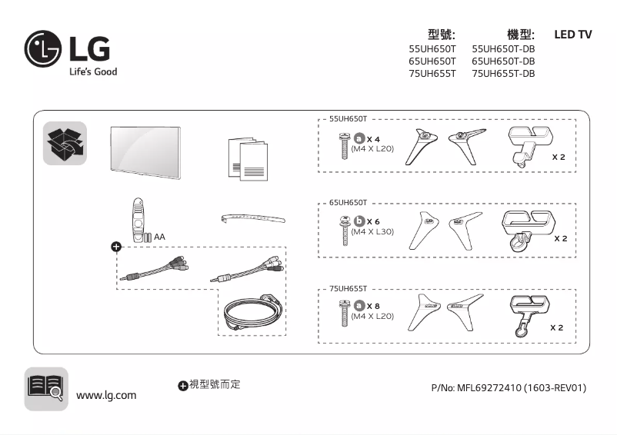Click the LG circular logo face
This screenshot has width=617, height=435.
click(44, 50)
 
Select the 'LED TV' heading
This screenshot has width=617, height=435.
click(572, 35)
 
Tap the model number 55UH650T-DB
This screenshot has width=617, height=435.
click(502, 48)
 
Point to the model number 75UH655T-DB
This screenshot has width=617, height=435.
click(502, 74)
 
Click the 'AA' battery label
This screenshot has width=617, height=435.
click(159, 237)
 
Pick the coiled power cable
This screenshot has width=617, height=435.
click(251, 310)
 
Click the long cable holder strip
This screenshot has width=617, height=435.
click(252, 219)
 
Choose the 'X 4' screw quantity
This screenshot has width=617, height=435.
click(374, 138)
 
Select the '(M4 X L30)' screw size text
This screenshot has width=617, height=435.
click(372, 231)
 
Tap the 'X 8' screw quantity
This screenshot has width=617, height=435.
click(374, 306)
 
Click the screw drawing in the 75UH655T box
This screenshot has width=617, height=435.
click(342, 311)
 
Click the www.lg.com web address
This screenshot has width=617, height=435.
click(106, 395)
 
